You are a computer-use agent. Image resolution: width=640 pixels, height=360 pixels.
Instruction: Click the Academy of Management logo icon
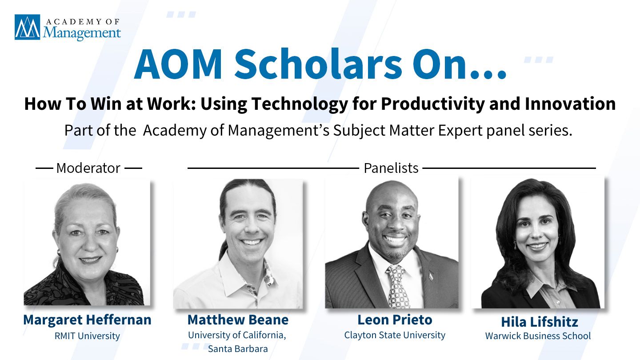[x=28, y=27]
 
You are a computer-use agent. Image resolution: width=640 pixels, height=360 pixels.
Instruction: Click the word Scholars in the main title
[x=318, y=64]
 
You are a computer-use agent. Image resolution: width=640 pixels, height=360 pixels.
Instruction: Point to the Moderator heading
[x=88, y=168]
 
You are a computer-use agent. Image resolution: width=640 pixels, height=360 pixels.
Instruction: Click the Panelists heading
[x=391, y=168]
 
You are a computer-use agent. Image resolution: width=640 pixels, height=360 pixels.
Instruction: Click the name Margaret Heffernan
[x=87, y=320]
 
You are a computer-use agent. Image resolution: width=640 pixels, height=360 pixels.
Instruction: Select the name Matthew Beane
[x=238, y=320]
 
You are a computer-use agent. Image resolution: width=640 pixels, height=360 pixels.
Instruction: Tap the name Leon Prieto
[x=395, y=320]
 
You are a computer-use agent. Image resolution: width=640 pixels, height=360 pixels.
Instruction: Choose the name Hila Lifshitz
[x=540, y=322]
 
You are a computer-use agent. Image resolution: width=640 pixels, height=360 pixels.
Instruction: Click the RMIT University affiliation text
[x=87, y=336]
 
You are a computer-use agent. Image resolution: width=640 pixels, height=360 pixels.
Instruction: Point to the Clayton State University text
[x=395, y=335]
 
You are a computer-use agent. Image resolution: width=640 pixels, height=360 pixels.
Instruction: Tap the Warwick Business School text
[x=538, y=336]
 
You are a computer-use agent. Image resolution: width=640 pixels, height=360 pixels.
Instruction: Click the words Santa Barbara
[x=238, y=349]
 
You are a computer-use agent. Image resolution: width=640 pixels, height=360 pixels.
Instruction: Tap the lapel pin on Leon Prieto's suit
[x=431, y=276]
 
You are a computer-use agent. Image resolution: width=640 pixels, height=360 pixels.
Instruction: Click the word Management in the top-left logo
[x=82, y=33]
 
